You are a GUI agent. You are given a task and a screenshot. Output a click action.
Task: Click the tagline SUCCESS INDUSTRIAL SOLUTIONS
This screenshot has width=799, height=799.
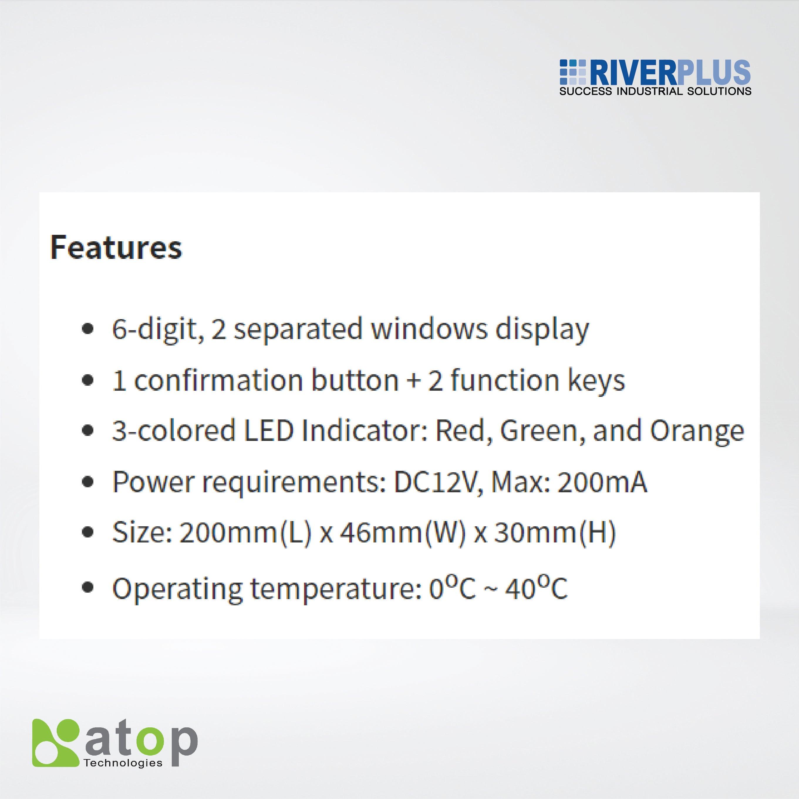coord(655,91)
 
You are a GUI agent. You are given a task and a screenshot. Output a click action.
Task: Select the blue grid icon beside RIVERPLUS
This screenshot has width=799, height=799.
coord(573,73)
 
